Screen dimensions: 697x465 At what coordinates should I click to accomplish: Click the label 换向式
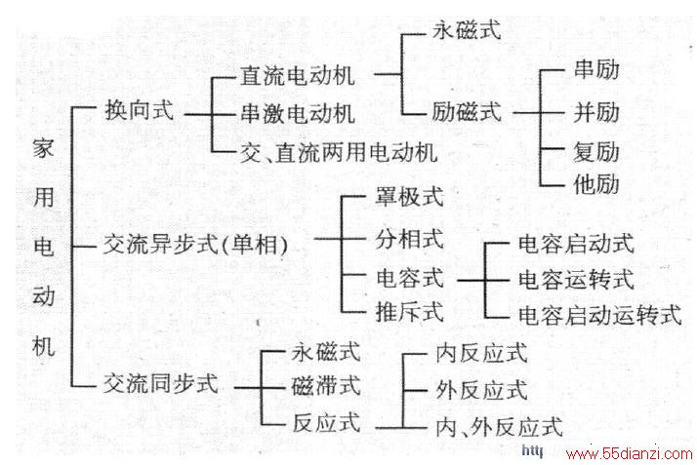coord(140,109)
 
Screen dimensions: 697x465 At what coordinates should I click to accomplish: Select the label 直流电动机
coord(298,75)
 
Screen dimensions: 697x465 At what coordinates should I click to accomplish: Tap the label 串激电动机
coord(298,114)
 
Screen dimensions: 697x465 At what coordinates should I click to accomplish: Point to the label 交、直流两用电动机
coord(339,152)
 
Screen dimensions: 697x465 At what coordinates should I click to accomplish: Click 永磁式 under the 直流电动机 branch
coord(467,29)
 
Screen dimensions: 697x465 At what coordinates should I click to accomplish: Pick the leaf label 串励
coord(596,69)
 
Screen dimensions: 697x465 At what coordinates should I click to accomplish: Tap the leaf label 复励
coord(596,152)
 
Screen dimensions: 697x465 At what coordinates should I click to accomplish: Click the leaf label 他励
coord(596,183)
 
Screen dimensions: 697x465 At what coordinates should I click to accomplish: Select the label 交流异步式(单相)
coord(195,244)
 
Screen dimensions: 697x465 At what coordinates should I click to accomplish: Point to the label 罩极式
coord(409,196)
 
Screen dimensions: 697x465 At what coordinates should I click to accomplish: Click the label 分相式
coord(409,239)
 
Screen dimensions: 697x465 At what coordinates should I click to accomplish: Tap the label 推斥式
coord(409,311)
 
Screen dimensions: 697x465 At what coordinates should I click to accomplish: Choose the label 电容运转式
coord(576,280)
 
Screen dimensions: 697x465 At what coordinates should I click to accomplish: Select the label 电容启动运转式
coord(600,315)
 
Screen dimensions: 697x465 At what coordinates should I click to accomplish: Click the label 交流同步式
coord(161,382)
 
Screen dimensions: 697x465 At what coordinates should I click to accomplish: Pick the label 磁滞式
coord(326,385)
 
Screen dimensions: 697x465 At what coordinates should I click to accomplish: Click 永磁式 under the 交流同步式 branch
coord(326,352)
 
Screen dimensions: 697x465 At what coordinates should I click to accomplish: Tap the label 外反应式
coord(482,390)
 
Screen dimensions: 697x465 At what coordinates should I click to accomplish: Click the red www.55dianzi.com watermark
coord(629,454)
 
